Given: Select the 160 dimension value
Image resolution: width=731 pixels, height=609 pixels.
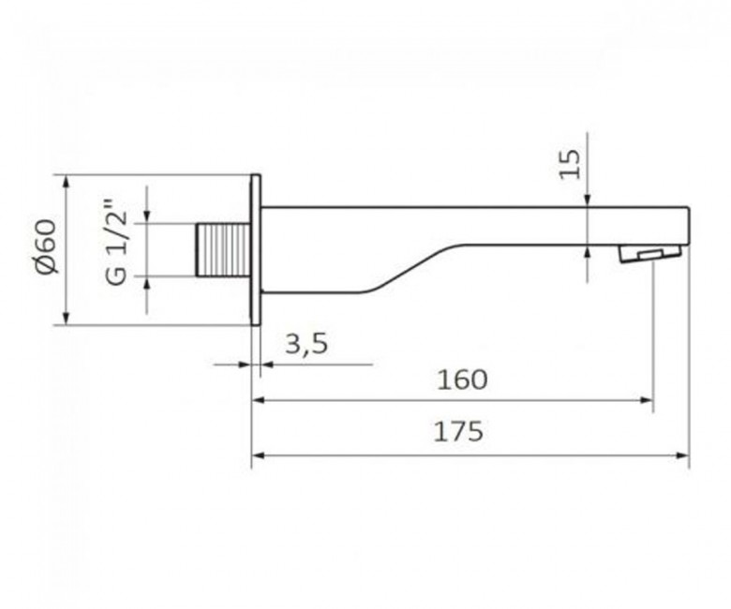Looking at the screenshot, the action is (x=462, y=379).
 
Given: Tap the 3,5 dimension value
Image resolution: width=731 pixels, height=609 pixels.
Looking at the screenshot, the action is (x=305, y=344).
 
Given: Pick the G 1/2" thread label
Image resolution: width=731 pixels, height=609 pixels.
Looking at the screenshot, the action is (x=117, y=249).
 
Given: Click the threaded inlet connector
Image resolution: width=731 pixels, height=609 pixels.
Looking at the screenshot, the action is (x=223, y=250).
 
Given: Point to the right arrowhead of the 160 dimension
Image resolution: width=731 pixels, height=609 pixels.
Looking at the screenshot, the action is (x=647, y=400).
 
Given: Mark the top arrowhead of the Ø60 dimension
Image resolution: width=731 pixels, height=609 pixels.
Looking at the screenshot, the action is (x=66, y=180).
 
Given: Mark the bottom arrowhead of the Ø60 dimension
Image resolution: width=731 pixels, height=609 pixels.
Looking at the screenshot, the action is (x=66, y=319).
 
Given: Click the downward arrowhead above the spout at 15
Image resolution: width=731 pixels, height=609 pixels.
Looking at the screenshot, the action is (x=587, y=200).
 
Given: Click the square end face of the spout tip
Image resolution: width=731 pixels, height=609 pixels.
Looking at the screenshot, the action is (x=688, y=225).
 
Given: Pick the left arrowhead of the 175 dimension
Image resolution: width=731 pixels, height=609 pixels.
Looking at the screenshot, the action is (x=258, y=456).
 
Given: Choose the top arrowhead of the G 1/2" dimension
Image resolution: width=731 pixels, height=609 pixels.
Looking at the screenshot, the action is (x=146, y=218).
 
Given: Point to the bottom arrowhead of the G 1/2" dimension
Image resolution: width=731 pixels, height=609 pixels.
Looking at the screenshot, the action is (x=146, y=282).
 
